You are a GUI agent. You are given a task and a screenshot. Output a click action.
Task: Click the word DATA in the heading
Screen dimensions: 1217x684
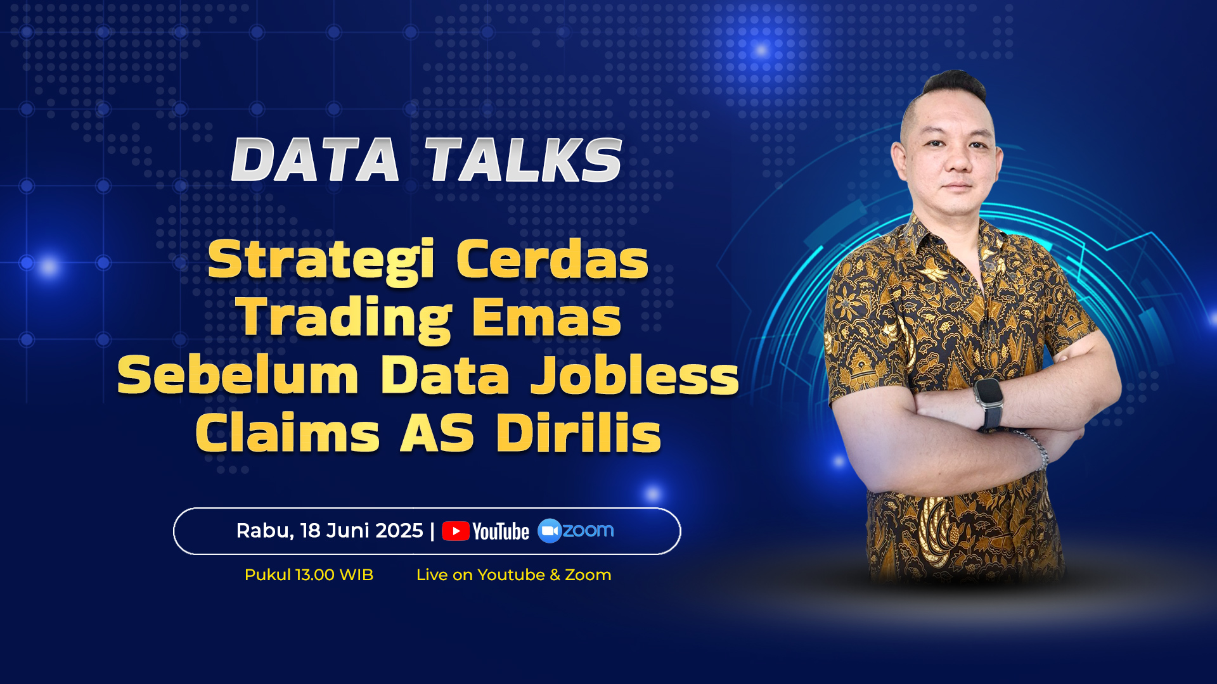315,160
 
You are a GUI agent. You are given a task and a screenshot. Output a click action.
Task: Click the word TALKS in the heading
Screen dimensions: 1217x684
524,160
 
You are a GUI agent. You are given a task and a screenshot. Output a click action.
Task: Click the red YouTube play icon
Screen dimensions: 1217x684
456,531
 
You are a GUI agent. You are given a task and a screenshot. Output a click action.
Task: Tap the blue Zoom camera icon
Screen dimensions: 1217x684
550,531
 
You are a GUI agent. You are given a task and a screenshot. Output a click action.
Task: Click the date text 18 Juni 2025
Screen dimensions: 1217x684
361,531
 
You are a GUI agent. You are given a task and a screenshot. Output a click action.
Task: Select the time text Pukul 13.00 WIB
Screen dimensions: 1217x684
309,574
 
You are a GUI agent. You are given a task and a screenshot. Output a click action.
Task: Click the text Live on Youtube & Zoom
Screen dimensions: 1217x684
513,574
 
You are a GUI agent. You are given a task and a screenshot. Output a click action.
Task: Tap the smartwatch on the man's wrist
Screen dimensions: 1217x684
988,402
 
